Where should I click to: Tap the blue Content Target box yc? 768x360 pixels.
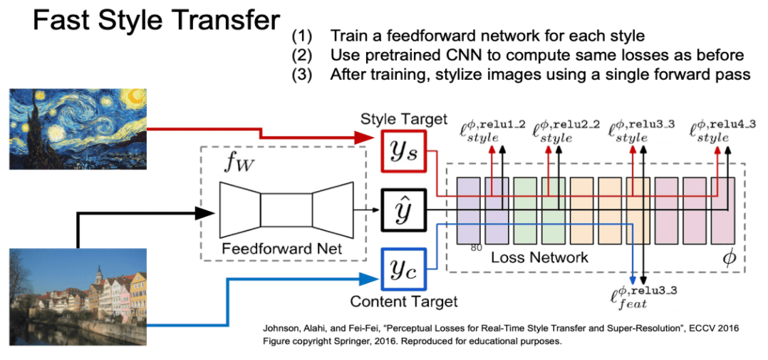click(403, 269)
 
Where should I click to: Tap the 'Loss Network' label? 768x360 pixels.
click(539, 257)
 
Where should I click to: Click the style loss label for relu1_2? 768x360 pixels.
click(492, 131)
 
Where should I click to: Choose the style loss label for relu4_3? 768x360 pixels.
click(712, 131)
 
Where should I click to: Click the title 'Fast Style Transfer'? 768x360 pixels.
click(155, 21)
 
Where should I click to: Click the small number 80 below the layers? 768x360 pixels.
click(475, 247)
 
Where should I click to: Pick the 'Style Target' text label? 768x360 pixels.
click(403, 118)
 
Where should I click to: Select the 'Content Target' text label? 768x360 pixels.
click(403, 302)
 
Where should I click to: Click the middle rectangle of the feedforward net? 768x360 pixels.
click(285, 210)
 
